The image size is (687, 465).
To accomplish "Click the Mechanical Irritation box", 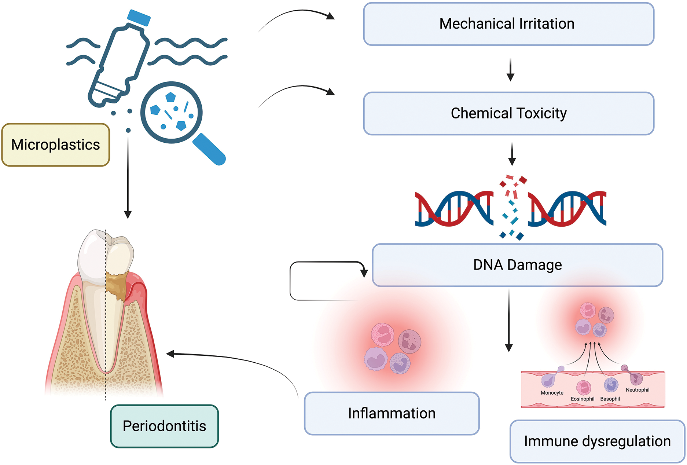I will [x=508, y=24].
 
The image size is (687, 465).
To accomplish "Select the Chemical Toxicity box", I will [x=508, y=114].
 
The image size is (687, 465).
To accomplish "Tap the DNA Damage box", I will [x=517, y=265].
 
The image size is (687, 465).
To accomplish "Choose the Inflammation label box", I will [x=392, y=414].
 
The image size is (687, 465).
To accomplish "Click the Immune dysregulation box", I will [x=597, y=442].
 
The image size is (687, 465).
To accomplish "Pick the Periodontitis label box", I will [x=164, y=426].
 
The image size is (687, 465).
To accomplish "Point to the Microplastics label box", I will [x=55, y=145].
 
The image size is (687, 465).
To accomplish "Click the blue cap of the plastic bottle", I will [x=139, y=18].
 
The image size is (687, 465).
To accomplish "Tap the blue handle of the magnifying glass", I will [x=209, y=149].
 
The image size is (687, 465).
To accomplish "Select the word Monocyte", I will [x=552, y=393].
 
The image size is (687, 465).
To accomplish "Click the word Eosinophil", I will [x=582, y=399].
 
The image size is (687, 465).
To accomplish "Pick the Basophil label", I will [x=610, y=399].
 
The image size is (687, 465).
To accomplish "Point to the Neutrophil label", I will [x=638, y=390].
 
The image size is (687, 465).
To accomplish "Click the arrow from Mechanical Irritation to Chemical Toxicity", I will [x=510, y=70].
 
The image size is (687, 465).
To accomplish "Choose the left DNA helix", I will [x=454, y=208].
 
